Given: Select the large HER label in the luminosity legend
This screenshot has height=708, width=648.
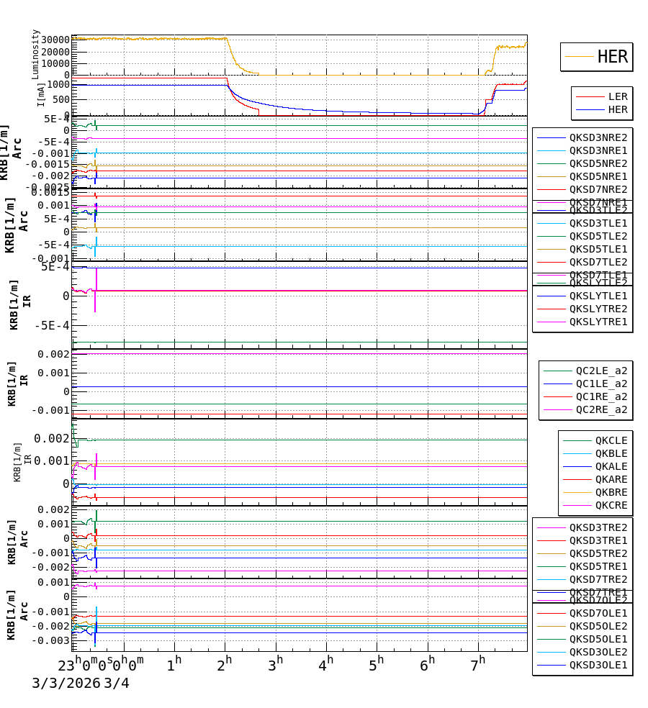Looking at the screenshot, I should click(612, 57).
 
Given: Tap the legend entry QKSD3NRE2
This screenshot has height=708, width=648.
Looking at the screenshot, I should click(598, 137).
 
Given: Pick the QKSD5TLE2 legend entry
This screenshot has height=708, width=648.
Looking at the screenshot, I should click(598, 236).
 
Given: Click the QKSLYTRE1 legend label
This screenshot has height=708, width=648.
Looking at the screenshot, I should click(598, 322).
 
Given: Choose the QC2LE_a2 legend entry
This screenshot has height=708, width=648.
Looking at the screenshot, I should click(600, 371).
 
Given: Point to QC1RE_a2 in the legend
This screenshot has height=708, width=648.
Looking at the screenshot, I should click(600, 396).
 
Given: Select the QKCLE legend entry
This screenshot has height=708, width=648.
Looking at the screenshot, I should click(611, 440).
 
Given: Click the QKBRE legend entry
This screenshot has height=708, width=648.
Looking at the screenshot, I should click(611, 492).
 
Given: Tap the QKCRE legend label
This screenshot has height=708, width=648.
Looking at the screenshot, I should click(611, 505).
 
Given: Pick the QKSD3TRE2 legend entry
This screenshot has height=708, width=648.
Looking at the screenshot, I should click(598, 527).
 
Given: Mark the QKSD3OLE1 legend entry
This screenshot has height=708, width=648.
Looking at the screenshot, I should click(598, 665).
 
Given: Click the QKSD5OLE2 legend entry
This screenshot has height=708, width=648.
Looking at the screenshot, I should click(598, 626).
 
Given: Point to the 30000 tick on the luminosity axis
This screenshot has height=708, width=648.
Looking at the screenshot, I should click(55, 40).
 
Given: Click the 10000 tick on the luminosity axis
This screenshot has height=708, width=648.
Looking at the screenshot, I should click(55, 63).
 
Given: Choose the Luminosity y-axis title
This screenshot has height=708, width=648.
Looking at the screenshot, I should click(35, 54).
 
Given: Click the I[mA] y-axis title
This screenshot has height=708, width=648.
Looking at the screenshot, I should click(41, 94).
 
